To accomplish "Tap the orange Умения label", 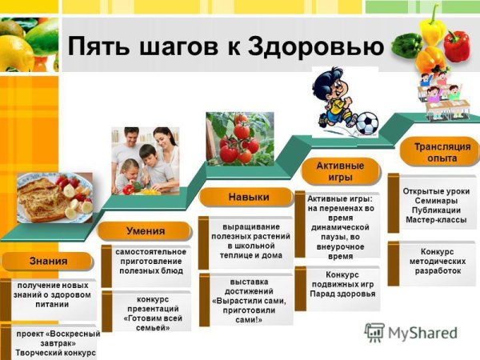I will click(x=145, y=231).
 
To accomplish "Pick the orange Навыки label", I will click(x=248, y=197).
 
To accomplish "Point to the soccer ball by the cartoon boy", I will click(x=366, y=122).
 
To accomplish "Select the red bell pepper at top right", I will click(x=458, y=46).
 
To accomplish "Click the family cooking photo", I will click(x=145, y=160).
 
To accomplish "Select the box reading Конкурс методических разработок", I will click(x=436, y=262).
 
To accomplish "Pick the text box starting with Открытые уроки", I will click(x=436, y=206).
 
